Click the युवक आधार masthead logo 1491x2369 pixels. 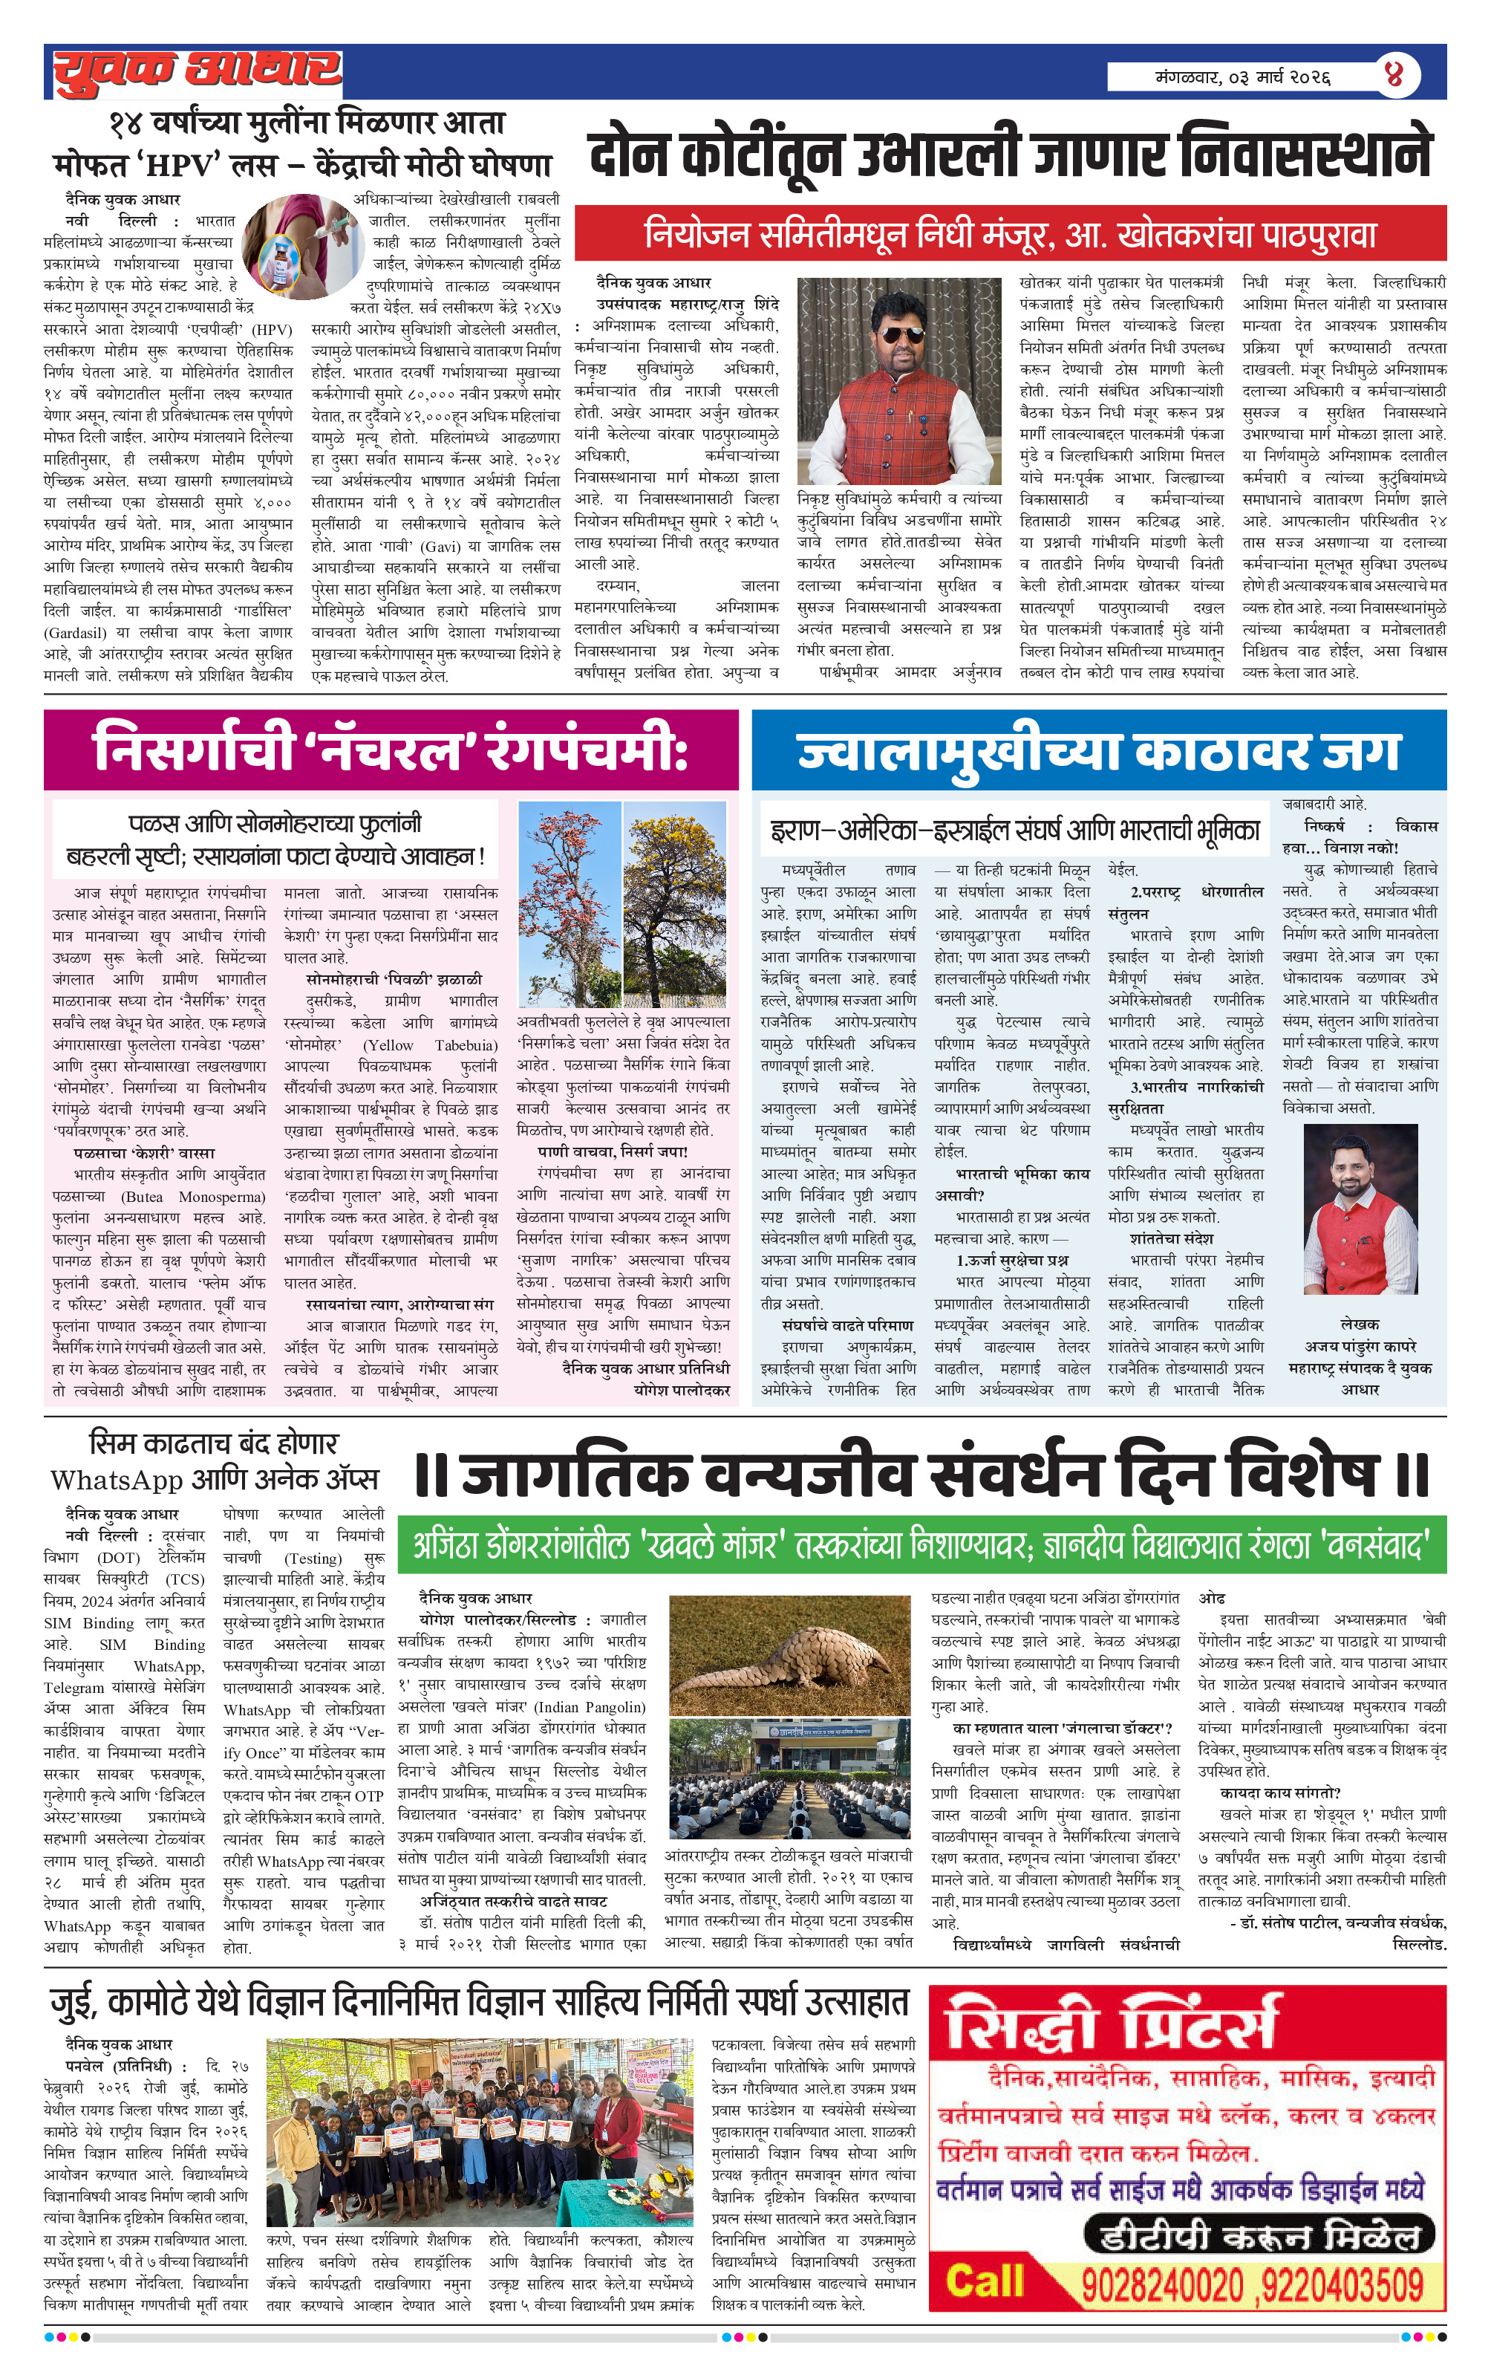197,71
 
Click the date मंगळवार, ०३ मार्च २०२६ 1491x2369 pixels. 1243,77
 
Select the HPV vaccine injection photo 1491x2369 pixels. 293,247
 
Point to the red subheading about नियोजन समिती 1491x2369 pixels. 1010,234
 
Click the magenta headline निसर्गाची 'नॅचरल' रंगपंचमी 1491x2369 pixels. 391,749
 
